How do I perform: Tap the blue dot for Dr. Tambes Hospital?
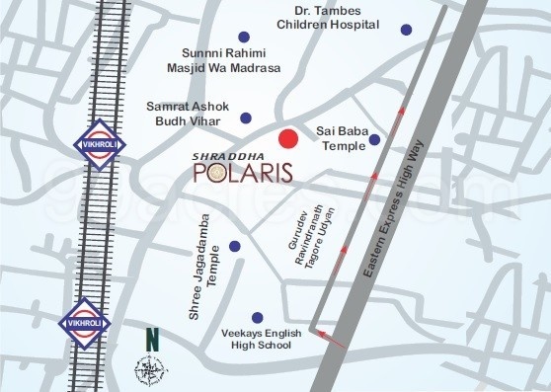pos(405,30)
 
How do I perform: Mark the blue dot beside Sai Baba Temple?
pos(374,144)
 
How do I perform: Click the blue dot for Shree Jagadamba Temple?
pos(234,247)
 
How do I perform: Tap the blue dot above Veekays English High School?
pos(258,318)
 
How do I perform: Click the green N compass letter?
pos(151,339)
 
